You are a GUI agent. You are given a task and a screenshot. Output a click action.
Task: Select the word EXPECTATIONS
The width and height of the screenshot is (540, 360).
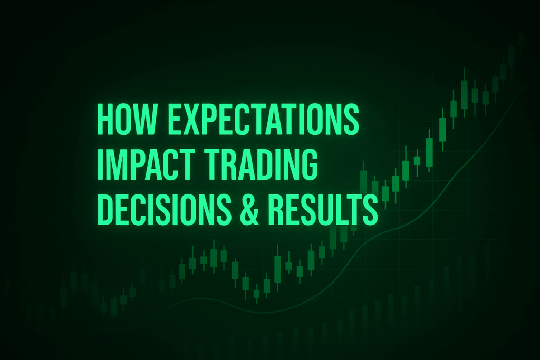(263, 119)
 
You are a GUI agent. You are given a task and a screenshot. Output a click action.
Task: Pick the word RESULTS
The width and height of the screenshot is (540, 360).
(323, 209)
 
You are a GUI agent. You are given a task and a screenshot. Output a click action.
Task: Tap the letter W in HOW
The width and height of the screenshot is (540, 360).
(143, 119)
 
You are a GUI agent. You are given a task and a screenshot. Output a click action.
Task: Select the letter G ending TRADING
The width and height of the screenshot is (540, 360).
(308, 164)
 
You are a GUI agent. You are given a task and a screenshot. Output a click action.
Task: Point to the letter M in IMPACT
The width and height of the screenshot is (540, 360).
(117, 164)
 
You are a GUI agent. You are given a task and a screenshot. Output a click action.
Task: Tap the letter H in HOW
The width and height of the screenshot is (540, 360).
(105, 119)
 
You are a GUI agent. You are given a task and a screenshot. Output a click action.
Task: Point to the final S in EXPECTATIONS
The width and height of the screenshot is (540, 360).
(350, 119)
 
